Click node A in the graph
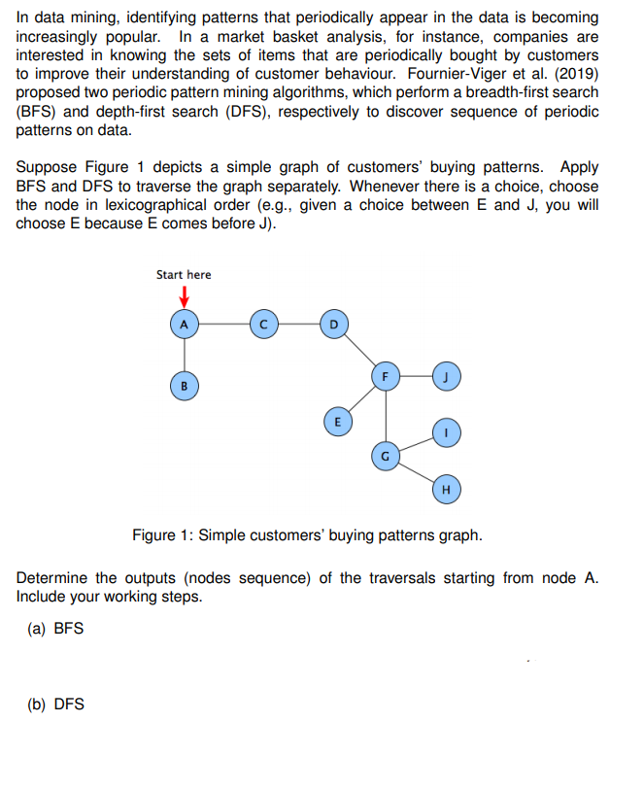(x=184, y=325)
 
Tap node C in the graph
(x=262, y=325)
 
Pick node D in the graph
(x=333, y=325)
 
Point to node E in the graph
(x=336, y=422)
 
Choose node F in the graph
(x=387, y=374)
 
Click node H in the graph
(x=445, y=489)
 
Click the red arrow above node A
(x=183, y=295)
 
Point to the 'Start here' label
(x=184, y=275)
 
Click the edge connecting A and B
(x=184, y=355)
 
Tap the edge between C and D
(x=297, y=325)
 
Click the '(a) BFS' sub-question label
(x=55, y=628)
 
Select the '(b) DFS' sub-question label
(x=55, y=704)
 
